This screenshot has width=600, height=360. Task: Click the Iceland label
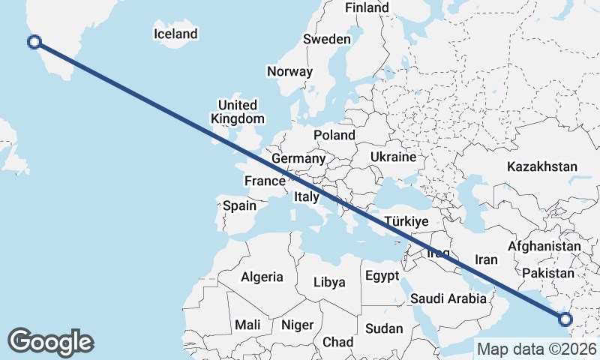point(175,34)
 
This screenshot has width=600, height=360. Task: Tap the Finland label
point(367,7)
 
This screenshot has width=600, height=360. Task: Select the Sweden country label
point(327,39)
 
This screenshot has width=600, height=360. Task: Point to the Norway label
point(289,72)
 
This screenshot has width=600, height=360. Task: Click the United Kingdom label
point(238,112)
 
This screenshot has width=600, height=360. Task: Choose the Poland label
point(334,135)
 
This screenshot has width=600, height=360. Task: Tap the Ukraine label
point(392,157)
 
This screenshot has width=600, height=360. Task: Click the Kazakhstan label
point(542,166)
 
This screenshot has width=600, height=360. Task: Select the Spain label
point(240,205)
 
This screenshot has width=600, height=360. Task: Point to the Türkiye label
point(406,222)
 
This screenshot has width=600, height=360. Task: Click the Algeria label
point(262,277)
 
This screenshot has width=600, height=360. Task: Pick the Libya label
point(329,282)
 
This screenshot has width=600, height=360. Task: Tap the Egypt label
point(382,276)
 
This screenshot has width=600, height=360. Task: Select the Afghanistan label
point(544,246)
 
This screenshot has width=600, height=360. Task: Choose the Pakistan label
point(548,272)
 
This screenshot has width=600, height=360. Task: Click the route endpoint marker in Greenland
point(34,41)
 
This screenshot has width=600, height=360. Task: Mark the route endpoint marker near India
point(565,319)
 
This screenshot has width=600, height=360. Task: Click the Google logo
point(50,341)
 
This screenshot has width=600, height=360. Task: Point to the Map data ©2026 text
point(536,349)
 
